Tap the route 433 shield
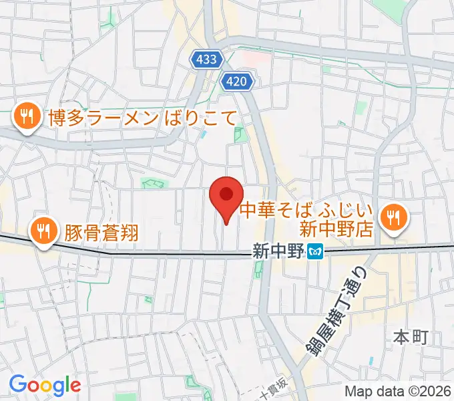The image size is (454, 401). tap(207, 59)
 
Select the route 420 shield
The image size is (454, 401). tap(238, 82)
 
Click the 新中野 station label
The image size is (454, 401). tap(278, 252)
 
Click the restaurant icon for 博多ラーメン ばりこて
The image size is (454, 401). tap(26, 118)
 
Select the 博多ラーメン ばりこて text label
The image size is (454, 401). tap(142, 118)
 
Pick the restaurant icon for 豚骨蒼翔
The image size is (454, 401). tap(43, 231)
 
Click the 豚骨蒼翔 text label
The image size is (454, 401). tap(101, 232)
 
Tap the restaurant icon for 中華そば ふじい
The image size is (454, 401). tap(394, 217)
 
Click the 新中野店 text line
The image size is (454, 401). tap(334, 230)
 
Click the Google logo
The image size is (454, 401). tap(45, 385)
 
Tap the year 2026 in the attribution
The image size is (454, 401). tap(433, 391)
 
